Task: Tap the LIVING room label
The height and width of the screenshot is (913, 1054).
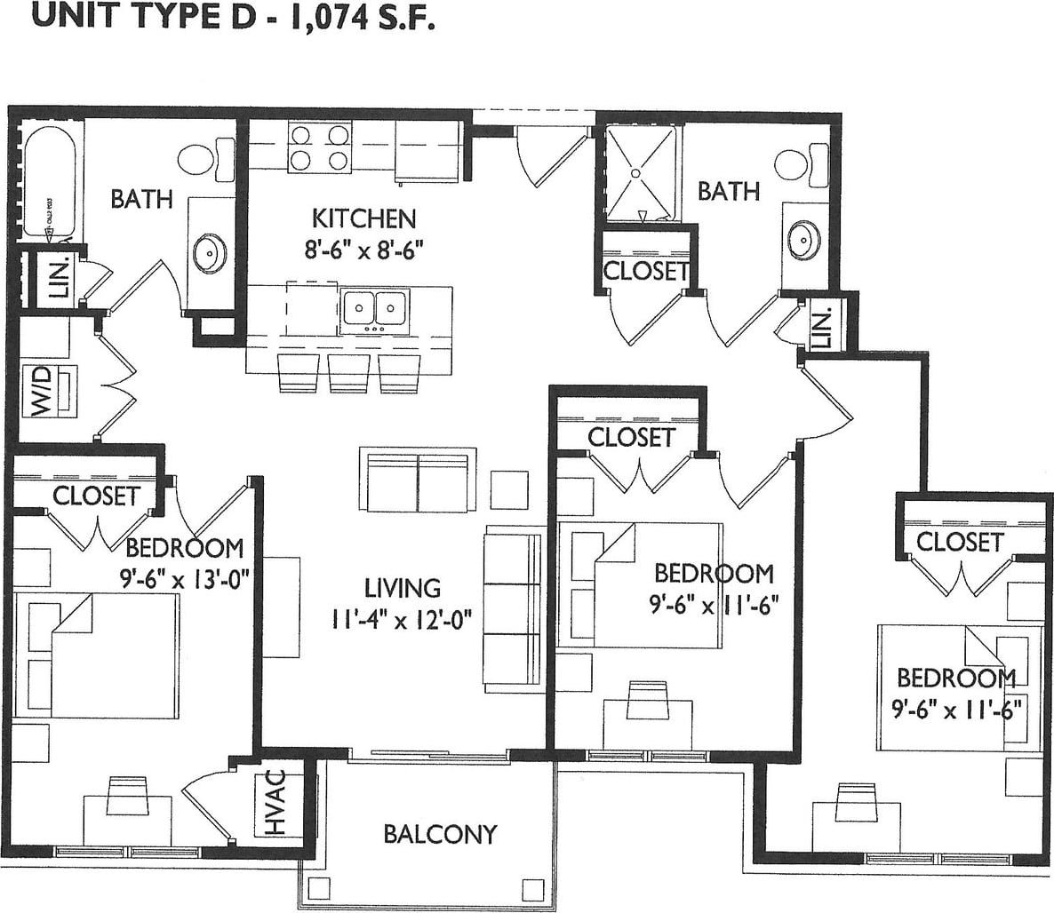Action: tap(403, 588)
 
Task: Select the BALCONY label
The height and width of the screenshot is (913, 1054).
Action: tap(440, 834)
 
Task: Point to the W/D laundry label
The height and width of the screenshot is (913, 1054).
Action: tap(43, 392)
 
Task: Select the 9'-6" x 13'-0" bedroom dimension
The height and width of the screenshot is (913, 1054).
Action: tap(184, 579)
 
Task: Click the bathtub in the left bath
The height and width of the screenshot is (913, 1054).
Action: tap(44, 182)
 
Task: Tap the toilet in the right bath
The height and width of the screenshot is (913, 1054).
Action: tap(794, 162)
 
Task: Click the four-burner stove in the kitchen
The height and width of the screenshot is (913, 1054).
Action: tap(318, 147)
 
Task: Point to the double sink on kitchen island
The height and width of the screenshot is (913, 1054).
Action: tap(373, 309)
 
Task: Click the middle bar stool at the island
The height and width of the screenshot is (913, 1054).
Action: tap(348, 372)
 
